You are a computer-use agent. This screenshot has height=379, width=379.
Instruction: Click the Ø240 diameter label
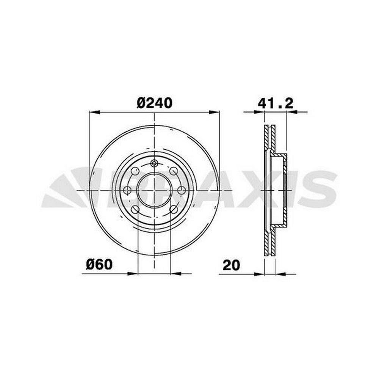(155, 103)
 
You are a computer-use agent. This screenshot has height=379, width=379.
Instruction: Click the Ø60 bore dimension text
(99, 265)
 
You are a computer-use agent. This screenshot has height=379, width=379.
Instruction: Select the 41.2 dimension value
(276, 103)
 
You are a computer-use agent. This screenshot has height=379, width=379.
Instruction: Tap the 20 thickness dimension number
(231, 265)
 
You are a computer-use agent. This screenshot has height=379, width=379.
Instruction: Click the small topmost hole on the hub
(154, 163)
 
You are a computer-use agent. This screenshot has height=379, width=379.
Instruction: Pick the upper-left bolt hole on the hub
(135, 171)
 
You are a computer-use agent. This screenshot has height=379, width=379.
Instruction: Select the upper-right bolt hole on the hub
(173, 171)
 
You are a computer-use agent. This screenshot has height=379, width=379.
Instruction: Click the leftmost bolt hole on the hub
(127, 190)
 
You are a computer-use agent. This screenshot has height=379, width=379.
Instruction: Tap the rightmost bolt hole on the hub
(181, 190)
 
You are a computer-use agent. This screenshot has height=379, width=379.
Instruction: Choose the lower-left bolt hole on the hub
(135, 209)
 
